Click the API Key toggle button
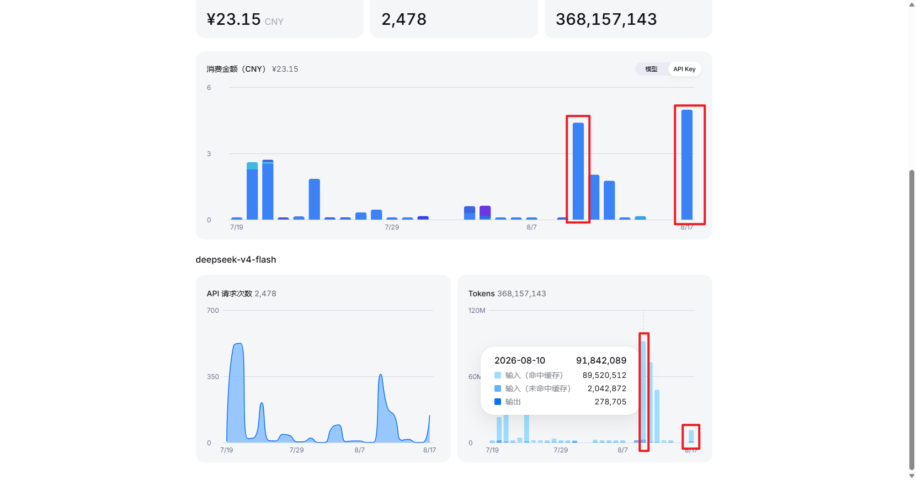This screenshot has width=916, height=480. pos(684,69)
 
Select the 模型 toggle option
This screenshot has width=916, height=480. pos(651,69)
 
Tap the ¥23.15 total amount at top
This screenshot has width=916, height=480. pos(233,19)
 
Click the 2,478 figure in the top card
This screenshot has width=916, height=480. pos(403,19)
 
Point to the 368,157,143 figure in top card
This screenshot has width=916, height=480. pos(606,19)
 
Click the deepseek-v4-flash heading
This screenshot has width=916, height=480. pos(236,260)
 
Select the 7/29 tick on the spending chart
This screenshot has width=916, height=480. pos(392,227)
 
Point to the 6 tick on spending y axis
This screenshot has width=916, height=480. pos(209,88)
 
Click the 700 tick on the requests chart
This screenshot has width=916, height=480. pos(212,310)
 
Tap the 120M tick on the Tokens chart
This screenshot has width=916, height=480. pos(477,310)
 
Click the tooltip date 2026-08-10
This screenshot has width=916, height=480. pos(519,361)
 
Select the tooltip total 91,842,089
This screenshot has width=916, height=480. pos(601,361)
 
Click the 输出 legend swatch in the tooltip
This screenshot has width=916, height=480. pos(498,402)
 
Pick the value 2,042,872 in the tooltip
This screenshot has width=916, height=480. pos(607,388)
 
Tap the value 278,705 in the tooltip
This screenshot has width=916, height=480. pos(610,402)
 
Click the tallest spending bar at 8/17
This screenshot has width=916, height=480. pos(686,165)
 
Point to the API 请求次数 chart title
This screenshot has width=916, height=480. pos(230,294)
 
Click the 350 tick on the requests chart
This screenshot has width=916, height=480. pos(212,377)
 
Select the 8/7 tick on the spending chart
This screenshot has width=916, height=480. pos(531,227)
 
